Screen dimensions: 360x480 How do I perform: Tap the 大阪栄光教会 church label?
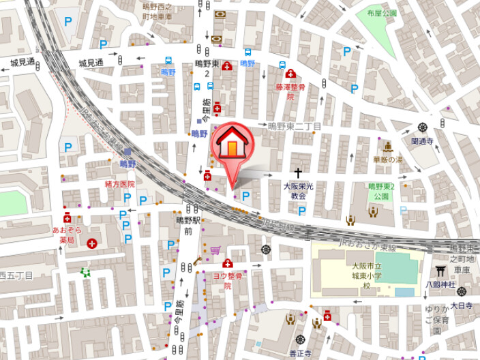click(298, 190)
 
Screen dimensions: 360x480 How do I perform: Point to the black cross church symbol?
click(298, 173)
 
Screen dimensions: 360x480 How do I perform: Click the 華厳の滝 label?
click(387, 160)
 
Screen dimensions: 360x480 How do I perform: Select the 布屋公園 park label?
click(380, 13)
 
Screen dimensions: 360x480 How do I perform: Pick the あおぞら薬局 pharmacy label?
click(67, 235)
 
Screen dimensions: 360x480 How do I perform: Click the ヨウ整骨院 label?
click(228, 281)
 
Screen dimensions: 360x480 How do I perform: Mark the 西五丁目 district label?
click(16, 275)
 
